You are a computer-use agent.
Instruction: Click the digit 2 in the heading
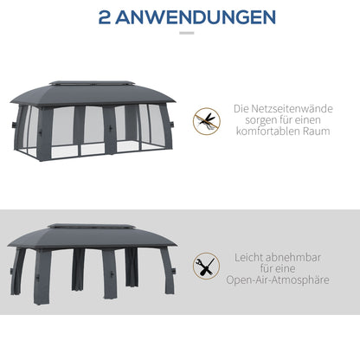pyautogui.click(x=107, y=17)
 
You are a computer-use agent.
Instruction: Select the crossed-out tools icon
pyautogui.click(x=206, y=265)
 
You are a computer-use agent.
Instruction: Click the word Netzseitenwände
pyautogui.click(x=295, y=111)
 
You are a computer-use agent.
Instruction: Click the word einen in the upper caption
pyautogui.click(x=318, y=124)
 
